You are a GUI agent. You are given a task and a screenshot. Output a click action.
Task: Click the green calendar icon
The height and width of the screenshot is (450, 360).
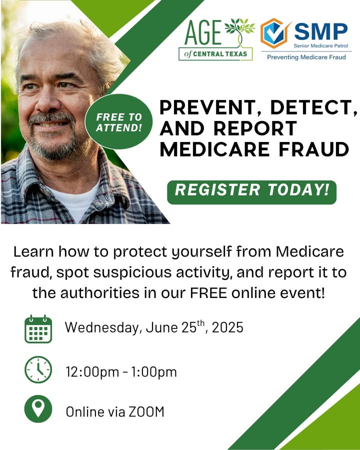click(38, 329)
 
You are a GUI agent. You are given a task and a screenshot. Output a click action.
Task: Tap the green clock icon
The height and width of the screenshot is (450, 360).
click(38, 369)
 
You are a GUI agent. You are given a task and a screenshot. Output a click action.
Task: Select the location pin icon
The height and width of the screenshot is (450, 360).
click(38, 409)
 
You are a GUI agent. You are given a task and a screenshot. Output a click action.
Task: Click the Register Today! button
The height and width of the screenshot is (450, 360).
click(252, 192)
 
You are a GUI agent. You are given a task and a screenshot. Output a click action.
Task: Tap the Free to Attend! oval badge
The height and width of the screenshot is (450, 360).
click(119, 121)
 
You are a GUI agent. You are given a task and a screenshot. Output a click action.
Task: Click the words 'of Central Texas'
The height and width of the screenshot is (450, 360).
click(215, 53)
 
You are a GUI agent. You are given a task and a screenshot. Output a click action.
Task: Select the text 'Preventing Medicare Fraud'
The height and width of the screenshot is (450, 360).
click(306, 57)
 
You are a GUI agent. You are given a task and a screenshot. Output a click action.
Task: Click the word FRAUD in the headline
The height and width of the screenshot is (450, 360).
click(314, 149)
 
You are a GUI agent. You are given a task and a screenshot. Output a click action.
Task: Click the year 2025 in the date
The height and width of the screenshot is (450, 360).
click(227, 327)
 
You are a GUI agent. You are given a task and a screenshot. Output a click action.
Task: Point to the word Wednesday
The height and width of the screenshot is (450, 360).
click(102, 327)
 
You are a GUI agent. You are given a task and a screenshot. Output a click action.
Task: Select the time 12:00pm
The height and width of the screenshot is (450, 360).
click(92, 372)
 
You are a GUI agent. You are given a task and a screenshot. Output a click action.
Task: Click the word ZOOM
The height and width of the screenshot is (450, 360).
click(146, 411)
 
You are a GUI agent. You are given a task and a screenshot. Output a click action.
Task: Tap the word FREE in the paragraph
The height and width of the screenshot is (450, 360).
click(208, 293)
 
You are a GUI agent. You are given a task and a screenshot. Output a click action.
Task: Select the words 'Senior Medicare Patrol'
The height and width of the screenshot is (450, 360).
click(320, 45)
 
